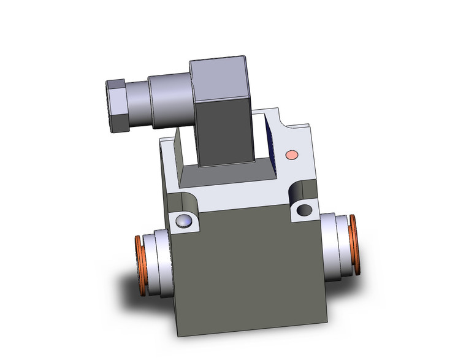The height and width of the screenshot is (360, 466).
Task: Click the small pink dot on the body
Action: click(x=292, y=154)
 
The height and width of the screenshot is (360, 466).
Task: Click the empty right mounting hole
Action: click(x=304, y=210)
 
